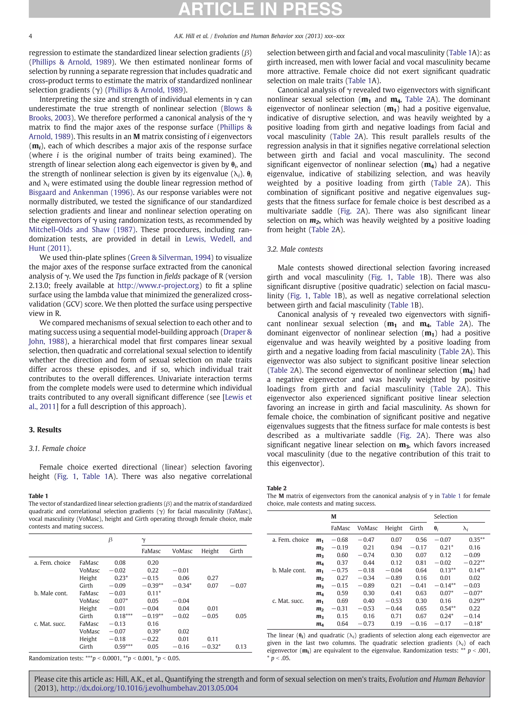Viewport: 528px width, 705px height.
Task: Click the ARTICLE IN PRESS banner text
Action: point(260,9)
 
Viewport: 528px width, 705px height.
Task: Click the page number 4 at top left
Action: point(31,36)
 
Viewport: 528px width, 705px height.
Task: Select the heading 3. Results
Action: point(45,430)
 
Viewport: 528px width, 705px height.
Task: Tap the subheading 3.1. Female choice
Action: point(57,448)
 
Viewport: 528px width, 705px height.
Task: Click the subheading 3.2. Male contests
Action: point(295,249)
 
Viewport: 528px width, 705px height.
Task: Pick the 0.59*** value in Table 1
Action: point(123,647)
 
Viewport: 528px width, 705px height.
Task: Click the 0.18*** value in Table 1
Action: point(123,616)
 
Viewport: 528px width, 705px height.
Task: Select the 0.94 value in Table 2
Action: point(396,548)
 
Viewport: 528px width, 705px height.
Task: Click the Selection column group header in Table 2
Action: point(445,517)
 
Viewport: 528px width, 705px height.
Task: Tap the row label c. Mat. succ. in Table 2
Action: point(288,601)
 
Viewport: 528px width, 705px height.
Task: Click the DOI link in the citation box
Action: point(149,688)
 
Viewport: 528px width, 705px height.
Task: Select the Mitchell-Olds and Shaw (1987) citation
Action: point(82,230)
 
